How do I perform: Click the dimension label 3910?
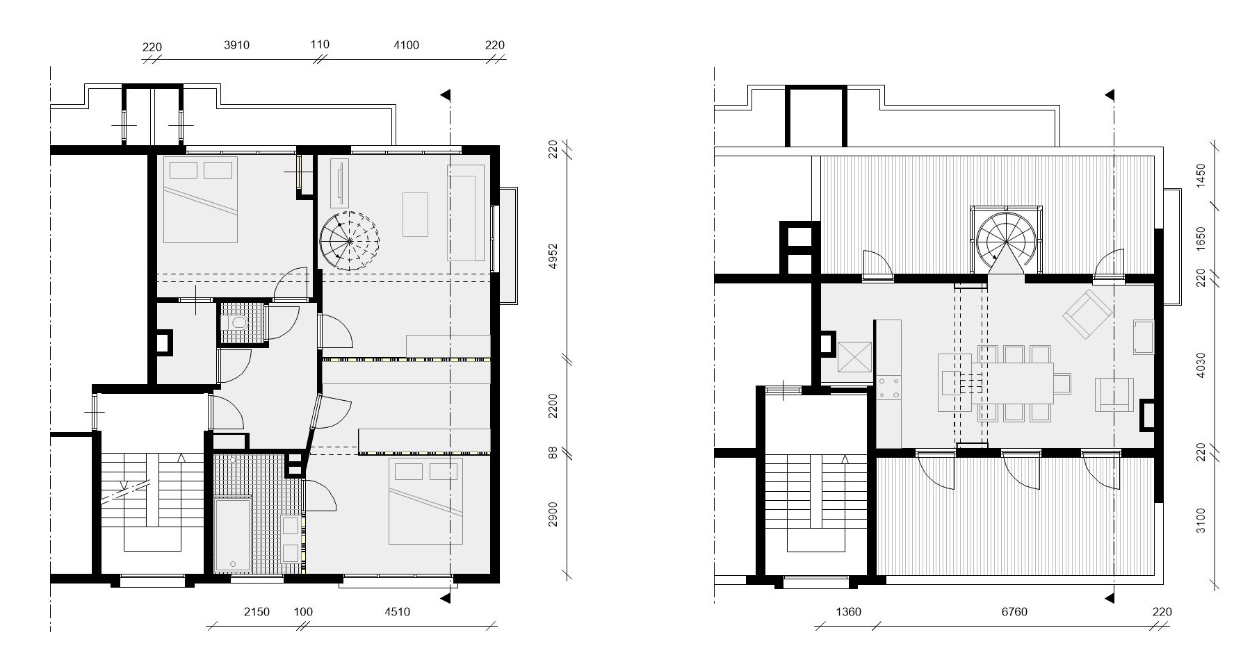tap(236, 45)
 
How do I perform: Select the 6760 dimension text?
tap(1014, 612)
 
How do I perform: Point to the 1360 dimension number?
tap(847, 612)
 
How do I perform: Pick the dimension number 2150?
tap(257, 612)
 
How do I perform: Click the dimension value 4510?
tap(397, 612)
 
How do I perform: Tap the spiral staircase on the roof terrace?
tap(1007, 240)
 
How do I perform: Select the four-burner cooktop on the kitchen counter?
tap(888, 388)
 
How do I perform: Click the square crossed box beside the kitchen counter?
tap(854, 358)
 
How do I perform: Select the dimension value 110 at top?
tap(320, 44)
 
